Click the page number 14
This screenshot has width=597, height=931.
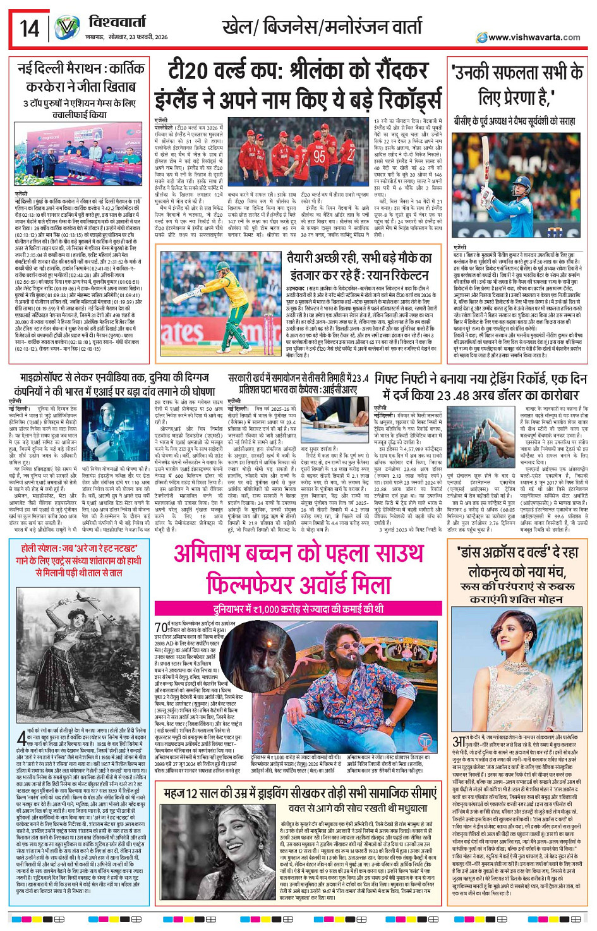coord(29,28)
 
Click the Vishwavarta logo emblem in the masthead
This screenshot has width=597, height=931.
coord(66,28)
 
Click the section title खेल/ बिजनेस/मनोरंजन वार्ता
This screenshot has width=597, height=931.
coord(322,27)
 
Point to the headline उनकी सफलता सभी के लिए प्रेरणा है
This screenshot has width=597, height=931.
coord(517,85)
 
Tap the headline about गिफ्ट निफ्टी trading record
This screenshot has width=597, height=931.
coord(481,387)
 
